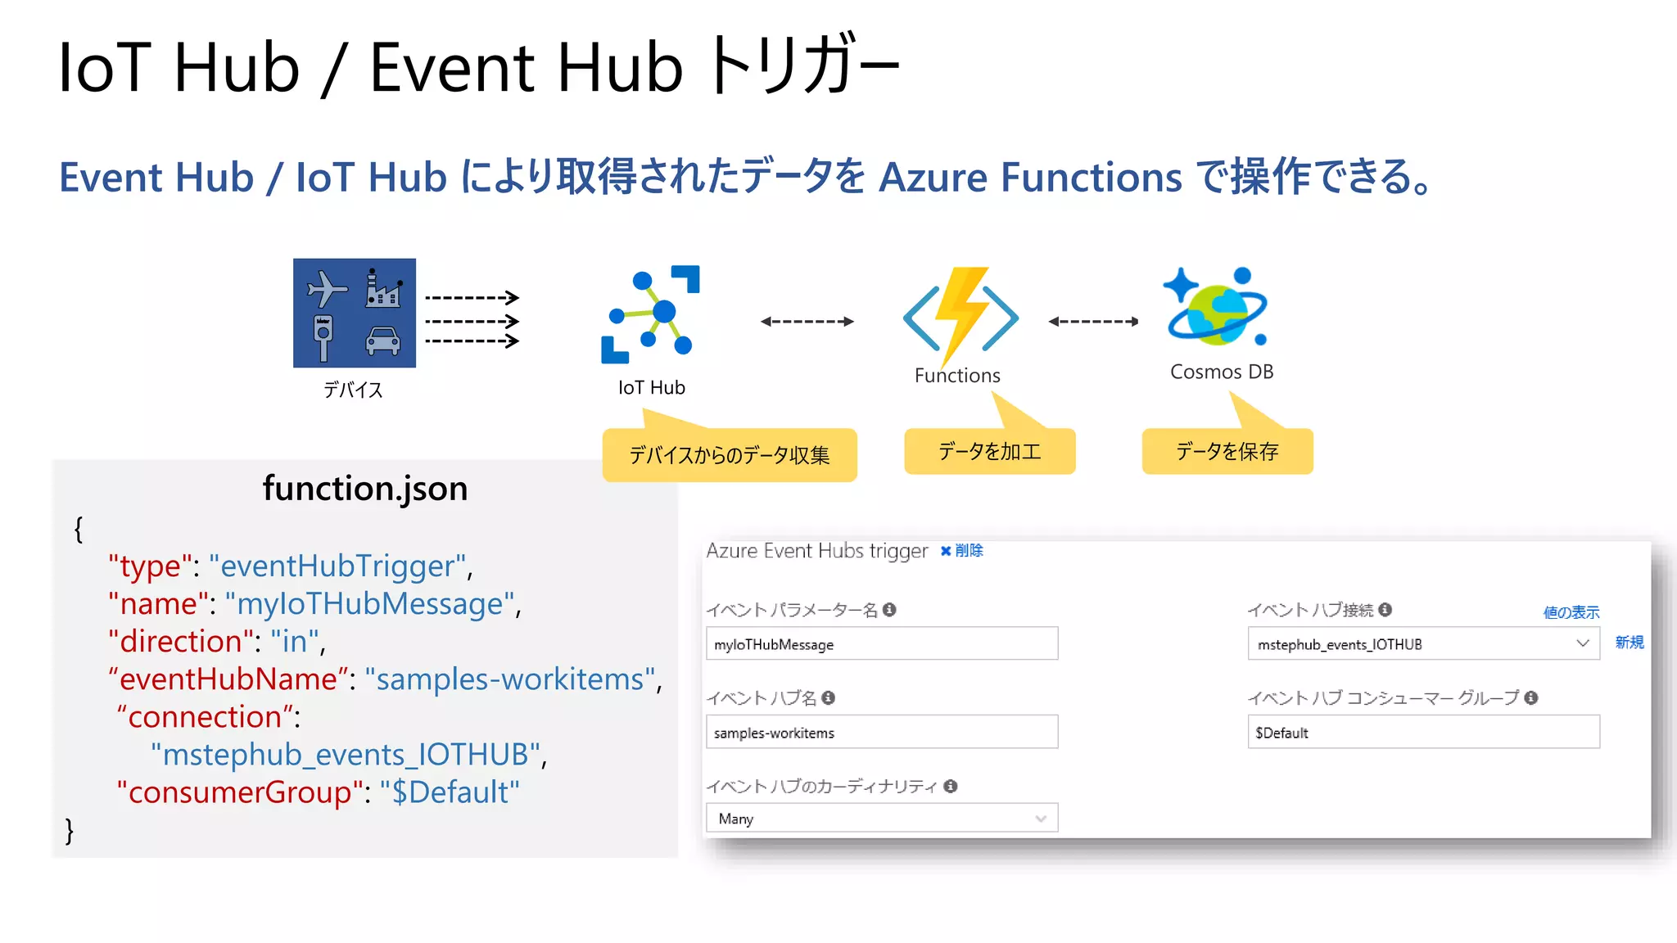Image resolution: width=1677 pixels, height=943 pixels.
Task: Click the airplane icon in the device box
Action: pos(326,288)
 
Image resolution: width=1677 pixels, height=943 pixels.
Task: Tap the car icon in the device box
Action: pos(382,340)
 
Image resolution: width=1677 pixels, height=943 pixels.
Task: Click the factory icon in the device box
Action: pos(382,288)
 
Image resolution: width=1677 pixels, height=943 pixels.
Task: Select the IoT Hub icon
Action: pos(651,314)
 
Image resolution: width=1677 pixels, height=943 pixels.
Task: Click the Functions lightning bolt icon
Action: pos(961,315)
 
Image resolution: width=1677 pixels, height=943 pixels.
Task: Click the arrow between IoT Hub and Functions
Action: pos(807,322)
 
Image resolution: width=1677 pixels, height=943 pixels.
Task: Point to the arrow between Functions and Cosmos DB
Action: pos(1093,322)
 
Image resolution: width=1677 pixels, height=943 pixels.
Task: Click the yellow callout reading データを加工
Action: pos(989,451)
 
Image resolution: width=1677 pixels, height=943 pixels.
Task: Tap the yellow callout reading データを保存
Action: pos(1227,451)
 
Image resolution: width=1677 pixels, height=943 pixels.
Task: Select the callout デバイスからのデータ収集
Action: pos(729,455)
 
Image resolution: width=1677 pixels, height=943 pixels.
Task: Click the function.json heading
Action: pos(364,489)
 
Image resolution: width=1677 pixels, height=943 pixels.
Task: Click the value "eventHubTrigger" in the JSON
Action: pos(337,566)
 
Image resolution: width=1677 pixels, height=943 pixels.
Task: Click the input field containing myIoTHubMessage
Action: pos(881,644)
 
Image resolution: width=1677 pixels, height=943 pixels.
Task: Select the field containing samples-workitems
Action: pos(881,733)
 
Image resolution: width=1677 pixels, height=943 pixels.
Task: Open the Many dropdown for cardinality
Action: pos(881,819)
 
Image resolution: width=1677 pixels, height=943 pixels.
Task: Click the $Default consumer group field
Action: pos(1423,733)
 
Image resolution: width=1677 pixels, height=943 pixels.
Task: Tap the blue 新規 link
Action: pos(1629,643)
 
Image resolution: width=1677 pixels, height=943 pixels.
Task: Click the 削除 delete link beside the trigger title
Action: pos(963,551)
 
